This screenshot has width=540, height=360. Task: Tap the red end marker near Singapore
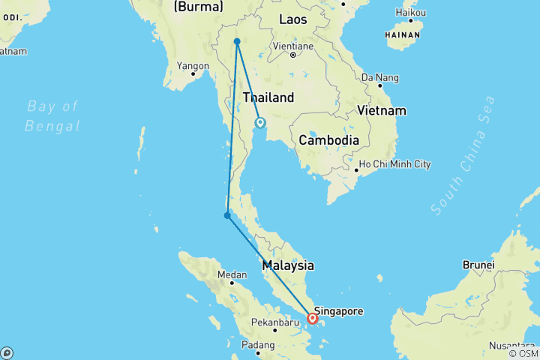(312, 318)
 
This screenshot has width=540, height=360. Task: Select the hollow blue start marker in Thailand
(260, 122)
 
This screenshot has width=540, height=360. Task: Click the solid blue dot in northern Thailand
(236, 41)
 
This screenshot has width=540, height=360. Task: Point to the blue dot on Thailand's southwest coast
(226, 216)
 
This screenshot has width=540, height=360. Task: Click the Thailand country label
(268, 97)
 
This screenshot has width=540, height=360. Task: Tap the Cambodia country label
(328, 140)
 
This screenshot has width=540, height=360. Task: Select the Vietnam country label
(382, 111)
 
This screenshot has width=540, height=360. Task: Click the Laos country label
(292, 19)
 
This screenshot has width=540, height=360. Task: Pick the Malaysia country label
(288, 265)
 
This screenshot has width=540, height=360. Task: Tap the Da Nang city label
(377, 77)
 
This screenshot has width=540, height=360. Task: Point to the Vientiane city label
(292, 46)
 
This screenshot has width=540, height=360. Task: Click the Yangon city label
(193, 65)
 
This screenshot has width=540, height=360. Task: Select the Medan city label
(232, 274)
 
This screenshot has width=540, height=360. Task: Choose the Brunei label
(478, 265)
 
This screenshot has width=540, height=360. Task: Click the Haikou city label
(411, 13)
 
